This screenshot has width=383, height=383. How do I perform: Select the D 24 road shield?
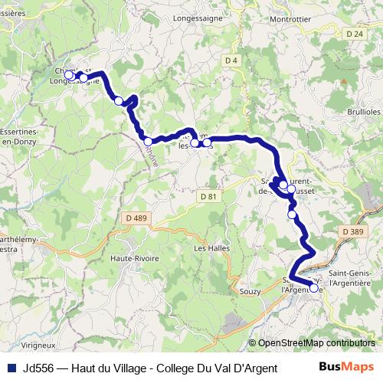pyautogui.click(x=353, y=34)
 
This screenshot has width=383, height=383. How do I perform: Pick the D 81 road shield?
pyautogui.click(x=208, y=197)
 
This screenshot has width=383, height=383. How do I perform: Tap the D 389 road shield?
pyautogui.click(x=353, y=231)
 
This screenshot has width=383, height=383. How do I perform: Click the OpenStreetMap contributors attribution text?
pyautogui.click(x=316, y=343)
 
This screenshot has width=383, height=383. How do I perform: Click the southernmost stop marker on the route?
pyautogui.click(x=313, y=289)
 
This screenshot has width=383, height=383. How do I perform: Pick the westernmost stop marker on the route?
pyautogui.click(x=69, y=75)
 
